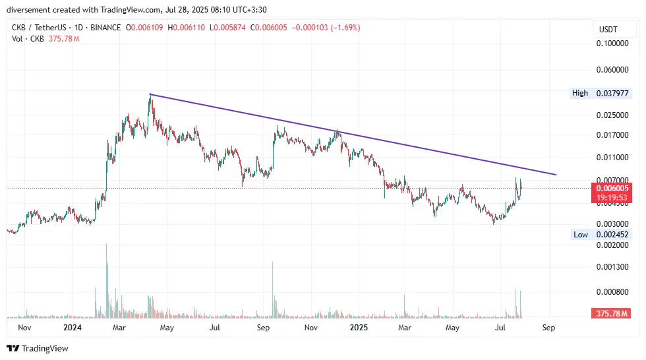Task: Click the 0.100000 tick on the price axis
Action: (612, 44)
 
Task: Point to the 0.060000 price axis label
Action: (612, 69)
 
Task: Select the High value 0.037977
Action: (613, 93)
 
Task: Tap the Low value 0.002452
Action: (613, 235)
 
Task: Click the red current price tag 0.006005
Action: (613, 188)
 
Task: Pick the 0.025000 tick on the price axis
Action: (612, 115)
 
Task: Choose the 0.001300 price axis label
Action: (612, 267)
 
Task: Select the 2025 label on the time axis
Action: (359, 327)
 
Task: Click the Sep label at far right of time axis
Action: (548, 327)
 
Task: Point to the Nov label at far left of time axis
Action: (24, 327)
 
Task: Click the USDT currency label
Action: (607, 29)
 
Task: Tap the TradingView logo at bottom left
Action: (38, 348)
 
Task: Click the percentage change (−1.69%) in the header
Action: (341, 28)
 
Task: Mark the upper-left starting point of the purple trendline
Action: (150, 94)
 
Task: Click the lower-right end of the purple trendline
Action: (556, 175)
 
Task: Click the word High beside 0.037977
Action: (580, 93)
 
